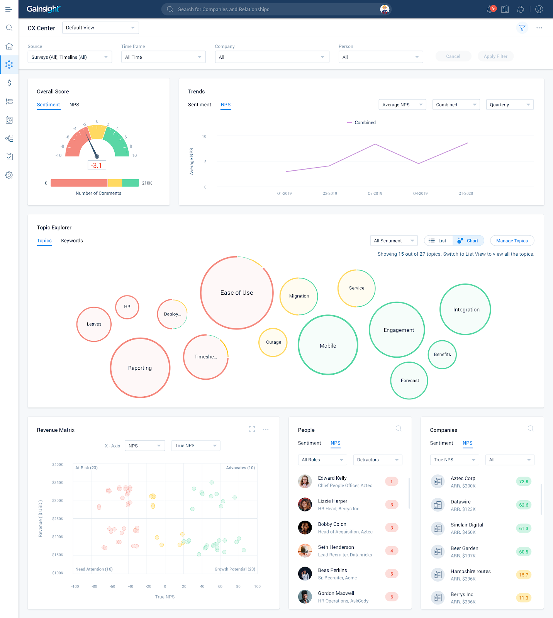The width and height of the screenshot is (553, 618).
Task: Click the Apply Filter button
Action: tap(495, 56)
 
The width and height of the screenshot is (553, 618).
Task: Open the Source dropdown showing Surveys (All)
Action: tap(70, 57)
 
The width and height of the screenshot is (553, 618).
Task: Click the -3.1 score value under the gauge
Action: tap(97, 165)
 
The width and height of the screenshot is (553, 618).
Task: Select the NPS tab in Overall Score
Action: tap(74, 105)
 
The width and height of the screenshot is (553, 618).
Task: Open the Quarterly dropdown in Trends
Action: tap(509, 105)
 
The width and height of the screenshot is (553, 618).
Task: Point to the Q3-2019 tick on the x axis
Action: tap(375, 194)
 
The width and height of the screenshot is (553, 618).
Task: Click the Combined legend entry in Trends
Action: tap(365, 122)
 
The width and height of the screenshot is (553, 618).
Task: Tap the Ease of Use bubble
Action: tap(237, 293)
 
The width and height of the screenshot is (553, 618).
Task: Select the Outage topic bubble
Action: tap(273, 342)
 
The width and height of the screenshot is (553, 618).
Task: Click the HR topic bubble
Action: tap(127, 307)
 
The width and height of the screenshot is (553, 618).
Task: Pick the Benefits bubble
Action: tap(442, 355)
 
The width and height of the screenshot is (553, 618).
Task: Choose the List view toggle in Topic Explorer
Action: tap(438, 241)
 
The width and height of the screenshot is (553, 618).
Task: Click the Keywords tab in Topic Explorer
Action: tap(72, 241)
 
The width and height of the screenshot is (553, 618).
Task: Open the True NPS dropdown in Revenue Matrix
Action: tap(195, 446)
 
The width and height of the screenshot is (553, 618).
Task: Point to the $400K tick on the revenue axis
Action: tap(58, 465)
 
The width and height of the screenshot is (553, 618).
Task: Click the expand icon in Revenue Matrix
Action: tap(252, 429)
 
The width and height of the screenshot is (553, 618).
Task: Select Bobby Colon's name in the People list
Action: tap(332, 524)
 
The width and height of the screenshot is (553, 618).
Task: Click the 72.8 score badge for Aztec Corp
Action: tap(524, 482)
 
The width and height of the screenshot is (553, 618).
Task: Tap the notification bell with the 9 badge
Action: tap(490, 9)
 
